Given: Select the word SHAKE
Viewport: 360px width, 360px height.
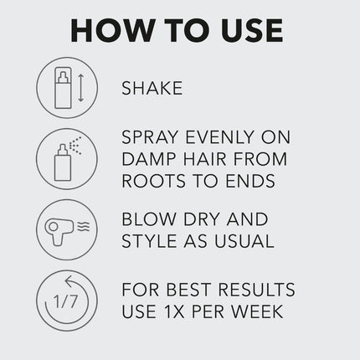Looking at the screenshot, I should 152,87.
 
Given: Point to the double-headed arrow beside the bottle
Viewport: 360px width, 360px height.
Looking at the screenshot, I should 80,87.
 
